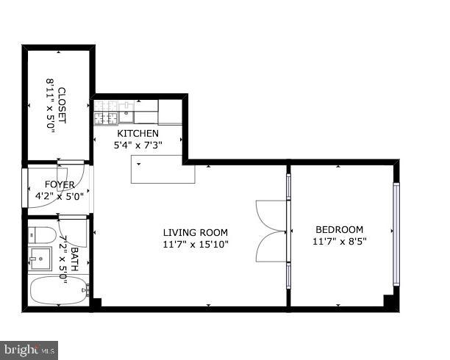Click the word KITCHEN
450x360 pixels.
[x=137, y=133]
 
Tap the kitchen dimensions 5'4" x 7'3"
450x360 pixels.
[x=137, y=145]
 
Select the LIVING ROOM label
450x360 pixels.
[x=195, y=232]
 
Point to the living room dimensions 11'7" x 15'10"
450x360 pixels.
[x=195, y=245]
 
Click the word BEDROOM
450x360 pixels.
[x=339, y=228]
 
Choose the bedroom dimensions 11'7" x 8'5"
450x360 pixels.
[x=339, y=241]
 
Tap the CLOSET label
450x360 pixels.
[x=61, y=107]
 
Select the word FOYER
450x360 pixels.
[x=59, y=184]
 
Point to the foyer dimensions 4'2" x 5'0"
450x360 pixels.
[x=59, y=196]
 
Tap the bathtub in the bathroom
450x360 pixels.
[x=57, y=291]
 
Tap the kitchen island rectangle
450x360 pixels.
[x=163, y=170]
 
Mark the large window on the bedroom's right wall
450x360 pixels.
[x=396, y=234]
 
